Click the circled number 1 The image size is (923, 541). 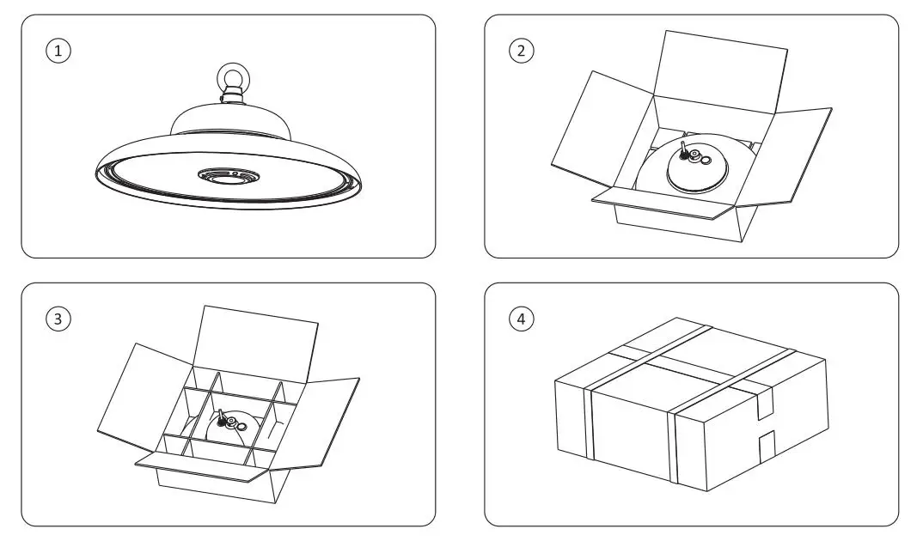point(58,51)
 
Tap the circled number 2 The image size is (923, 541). point(521,51)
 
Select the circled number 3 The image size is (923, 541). point(58,319)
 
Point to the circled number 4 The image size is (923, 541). point(521,319)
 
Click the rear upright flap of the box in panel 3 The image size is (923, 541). point(256,343)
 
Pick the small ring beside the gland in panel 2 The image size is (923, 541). point(706,161)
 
